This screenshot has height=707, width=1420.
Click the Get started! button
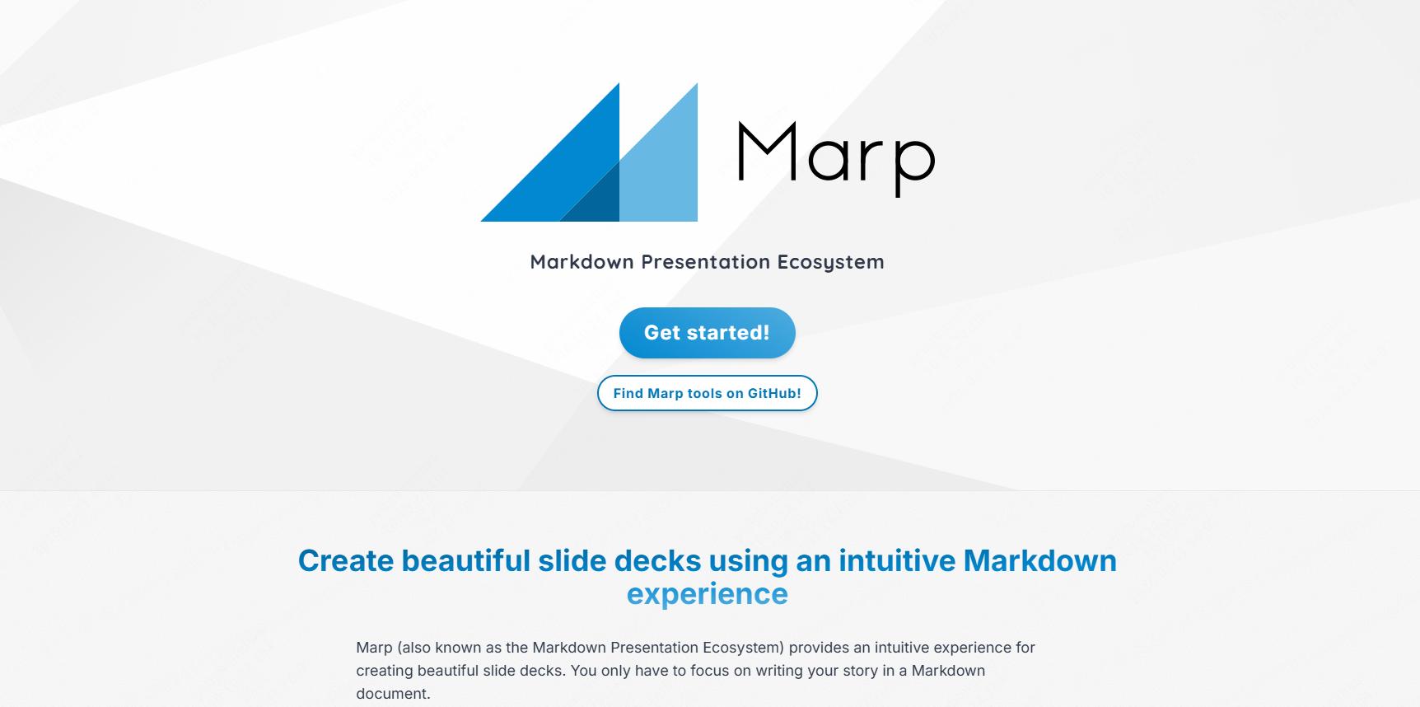coord(707,333)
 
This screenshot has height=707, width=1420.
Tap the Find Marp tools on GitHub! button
coord(707,393)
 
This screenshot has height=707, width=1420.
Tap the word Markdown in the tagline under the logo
coord(582,261)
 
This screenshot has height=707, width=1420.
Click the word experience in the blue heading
coord(707,594)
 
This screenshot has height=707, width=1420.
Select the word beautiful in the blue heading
coord(465,560)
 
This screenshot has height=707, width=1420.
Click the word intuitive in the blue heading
coord(897,560)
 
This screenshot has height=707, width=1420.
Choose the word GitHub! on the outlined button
coord(774,393)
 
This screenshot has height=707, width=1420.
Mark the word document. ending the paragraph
coord(393,694)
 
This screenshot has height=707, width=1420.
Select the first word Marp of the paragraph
coord(374,648)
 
